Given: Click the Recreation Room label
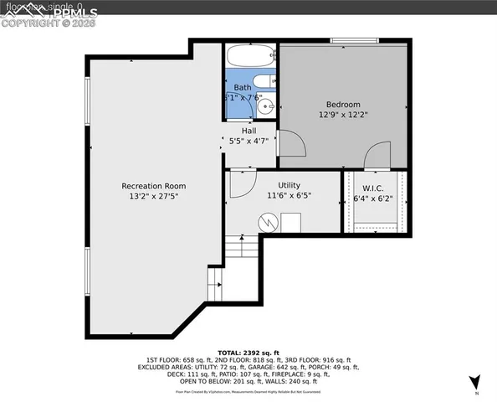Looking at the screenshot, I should point(153,186).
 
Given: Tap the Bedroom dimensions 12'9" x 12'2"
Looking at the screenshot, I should point(344,116).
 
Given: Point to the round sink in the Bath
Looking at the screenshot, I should point(266,106).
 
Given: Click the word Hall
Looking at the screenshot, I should point(248,131).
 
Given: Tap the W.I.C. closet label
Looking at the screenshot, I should point(373,188).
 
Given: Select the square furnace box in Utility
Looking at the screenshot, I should point(291,222).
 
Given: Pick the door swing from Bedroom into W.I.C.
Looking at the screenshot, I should point(378,156).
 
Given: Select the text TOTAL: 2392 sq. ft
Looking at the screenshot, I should point(248,353).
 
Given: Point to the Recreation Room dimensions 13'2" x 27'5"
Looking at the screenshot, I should point(153,196).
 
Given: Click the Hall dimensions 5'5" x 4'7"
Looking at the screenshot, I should point(248,141).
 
